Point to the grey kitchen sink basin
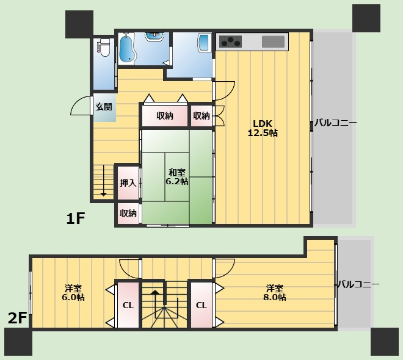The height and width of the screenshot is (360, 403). (x=274, y=41)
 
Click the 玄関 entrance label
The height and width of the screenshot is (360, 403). (x=103, y=107)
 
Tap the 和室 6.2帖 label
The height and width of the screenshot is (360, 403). (x=176, y=177)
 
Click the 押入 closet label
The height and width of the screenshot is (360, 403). (x=128, y=182)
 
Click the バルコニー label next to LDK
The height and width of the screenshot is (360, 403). (x=335, y=123)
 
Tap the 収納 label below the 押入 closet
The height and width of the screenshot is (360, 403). (x=128, y=213)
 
